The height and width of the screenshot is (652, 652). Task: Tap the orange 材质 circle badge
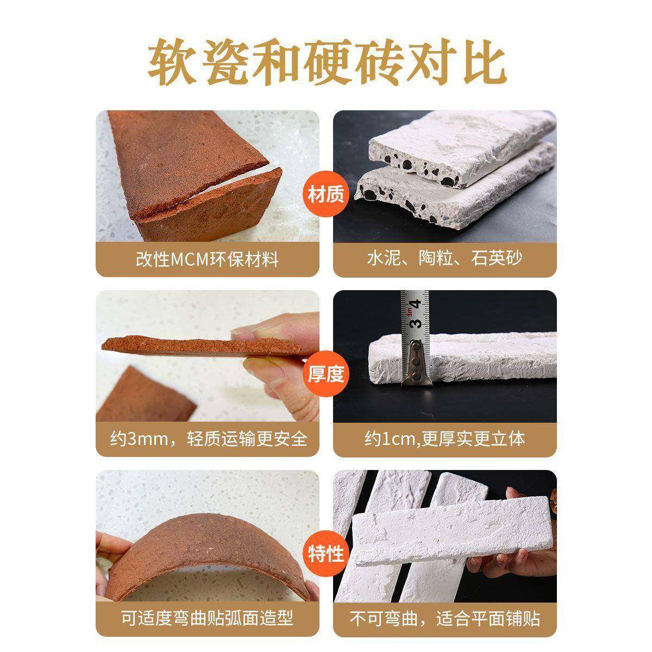pyautogui.click(x=326, y=194)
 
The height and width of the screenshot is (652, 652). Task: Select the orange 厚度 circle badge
pyautogui.click(x=326, y=374)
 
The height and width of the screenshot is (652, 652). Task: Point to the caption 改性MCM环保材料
pyautogui.click(x=207, y=259)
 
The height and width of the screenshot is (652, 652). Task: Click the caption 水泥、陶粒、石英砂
pyautogui.click(x=444, y=259)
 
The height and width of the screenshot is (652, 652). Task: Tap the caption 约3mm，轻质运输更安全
pyautogui.click(x=208, y=438)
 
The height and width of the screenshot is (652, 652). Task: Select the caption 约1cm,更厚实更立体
pyautogui.click(x=444, y=438)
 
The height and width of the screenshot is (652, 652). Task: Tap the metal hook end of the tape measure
pyautogui.click(x=417, y=364)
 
